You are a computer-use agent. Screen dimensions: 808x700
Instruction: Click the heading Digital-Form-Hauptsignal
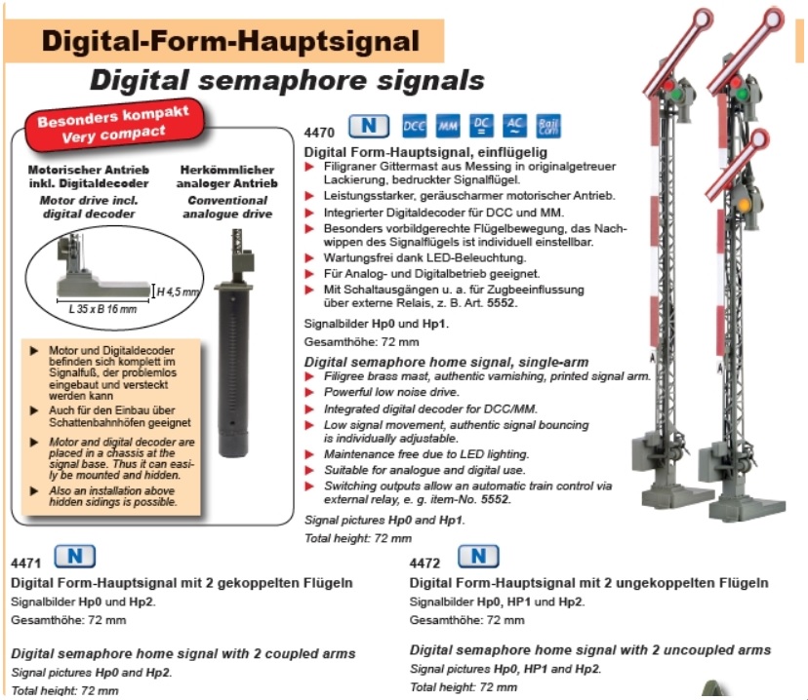click(x=230, y=41)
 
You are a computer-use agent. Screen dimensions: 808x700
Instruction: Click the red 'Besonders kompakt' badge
click(x=114, y=125)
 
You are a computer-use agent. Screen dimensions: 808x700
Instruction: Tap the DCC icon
click(x=414, y=126)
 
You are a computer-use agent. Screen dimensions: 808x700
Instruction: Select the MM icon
click(x=448, y=126)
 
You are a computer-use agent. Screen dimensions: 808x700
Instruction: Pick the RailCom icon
click(x=548, y=126)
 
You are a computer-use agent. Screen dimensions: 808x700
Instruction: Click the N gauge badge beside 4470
click(x=369, y=126)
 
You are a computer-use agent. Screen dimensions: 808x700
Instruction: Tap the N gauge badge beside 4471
click(x=75, y=557)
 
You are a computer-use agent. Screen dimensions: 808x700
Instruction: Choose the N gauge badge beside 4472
click(x=478, y=557)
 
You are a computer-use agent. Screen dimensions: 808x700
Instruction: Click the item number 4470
click(x=319, y=133)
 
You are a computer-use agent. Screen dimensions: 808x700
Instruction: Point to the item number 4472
click(x=424, y=564)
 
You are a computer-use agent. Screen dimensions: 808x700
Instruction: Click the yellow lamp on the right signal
click(x=744, y=205)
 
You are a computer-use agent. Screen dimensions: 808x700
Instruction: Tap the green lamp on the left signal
click(x=675, y=96)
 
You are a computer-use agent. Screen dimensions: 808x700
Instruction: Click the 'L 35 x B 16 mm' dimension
click(x=102, y=309)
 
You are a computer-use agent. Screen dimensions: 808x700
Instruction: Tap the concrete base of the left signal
click(x=677, y=495)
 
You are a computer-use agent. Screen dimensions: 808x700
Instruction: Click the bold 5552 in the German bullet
click(x=501, y=302)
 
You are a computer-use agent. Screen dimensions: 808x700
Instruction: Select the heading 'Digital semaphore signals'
click(x=287, y=81)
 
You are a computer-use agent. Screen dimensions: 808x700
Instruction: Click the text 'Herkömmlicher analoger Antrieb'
click(x=226, y=176)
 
